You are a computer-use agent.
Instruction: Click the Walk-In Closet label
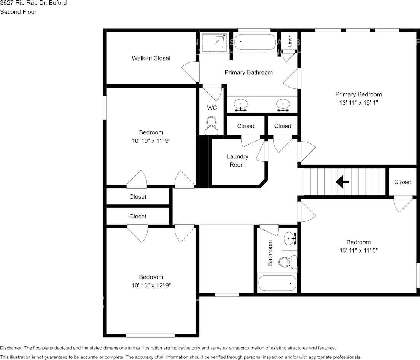coord(151,58)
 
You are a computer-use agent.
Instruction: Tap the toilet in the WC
coord(212,126)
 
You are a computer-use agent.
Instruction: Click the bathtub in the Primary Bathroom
coord(255,42)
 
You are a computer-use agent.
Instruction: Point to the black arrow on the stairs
coord(342,182)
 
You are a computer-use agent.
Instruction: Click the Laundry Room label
coord(237,161)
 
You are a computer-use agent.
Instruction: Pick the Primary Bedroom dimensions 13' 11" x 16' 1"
coord(358,103)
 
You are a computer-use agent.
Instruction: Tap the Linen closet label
coord(290,41)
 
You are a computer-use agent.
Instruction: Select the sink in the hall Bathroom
coord(290,237)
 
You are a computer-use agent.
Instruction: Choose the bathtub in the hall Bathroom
coord(277,283)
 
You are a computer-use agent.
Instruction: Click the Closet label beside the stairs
coord(402,182)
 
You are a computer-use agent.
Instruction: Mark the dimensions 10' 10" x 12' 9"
coord(151,285)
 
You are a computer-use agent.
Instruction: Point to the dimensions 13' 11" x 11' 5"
coord(358,250)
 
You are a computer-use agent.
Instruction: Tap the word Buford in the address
coord(58,3)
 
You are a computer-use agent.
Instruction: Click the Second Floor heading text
coord(18,12)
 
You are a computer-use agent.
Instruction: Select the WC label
coord(212,108)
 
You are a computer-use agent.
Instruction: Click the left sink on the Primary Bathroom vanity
coord(240,105)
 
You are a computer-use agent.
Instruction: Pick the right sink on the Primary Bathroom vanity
coord(283,105)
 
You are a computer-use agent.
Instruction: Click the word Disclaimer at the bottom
coord(11,348)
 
